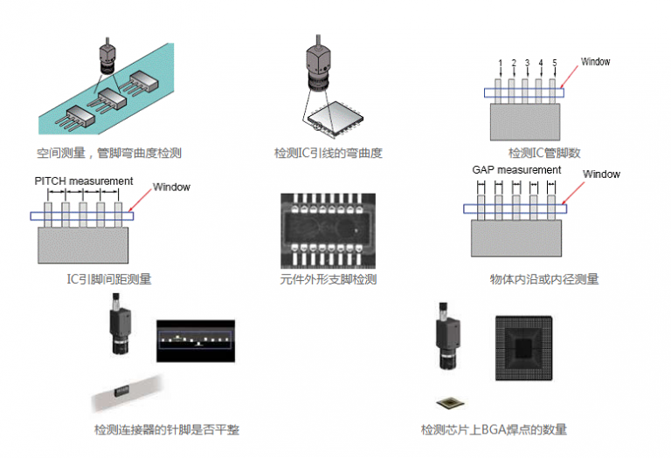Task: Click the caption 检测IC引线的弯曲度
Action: pos(328,154)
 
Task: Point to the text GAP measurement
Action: pos(516,170)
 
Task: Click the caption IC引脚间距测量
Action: pos(114,279)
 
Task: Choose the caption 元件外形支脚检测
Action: pos(328,279)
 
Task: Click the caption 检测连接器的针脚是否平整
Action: pos(167,429)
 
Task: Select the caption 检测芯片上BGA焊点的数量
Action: pos(494,429)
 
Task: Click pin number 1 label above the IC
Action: pos(501,63)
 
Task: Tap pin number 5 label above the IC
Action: pos(555,63)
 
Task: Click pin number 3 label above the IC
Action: pos(528,63)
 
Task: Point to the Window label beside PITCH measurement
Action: pos(171,187)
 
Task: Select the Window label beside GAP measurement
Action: pos(601,174)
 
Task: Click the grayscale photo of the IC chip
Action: pos(328,229)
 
